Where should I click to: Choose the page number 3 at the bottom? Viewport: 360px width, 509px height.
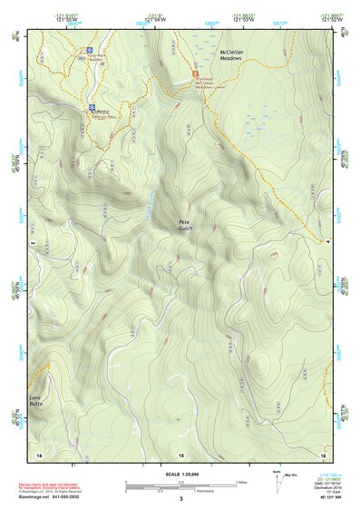(x=180, y=499)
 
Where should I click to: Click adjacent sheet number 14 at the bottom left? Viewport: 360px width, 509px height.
(x=38, y=454)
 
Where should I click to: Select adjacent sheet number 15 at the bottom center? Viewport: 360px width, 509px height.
(x=180, y=454)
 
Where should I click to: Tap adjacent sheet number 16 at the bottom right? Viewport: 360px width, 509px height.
(x=322, y=454)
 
